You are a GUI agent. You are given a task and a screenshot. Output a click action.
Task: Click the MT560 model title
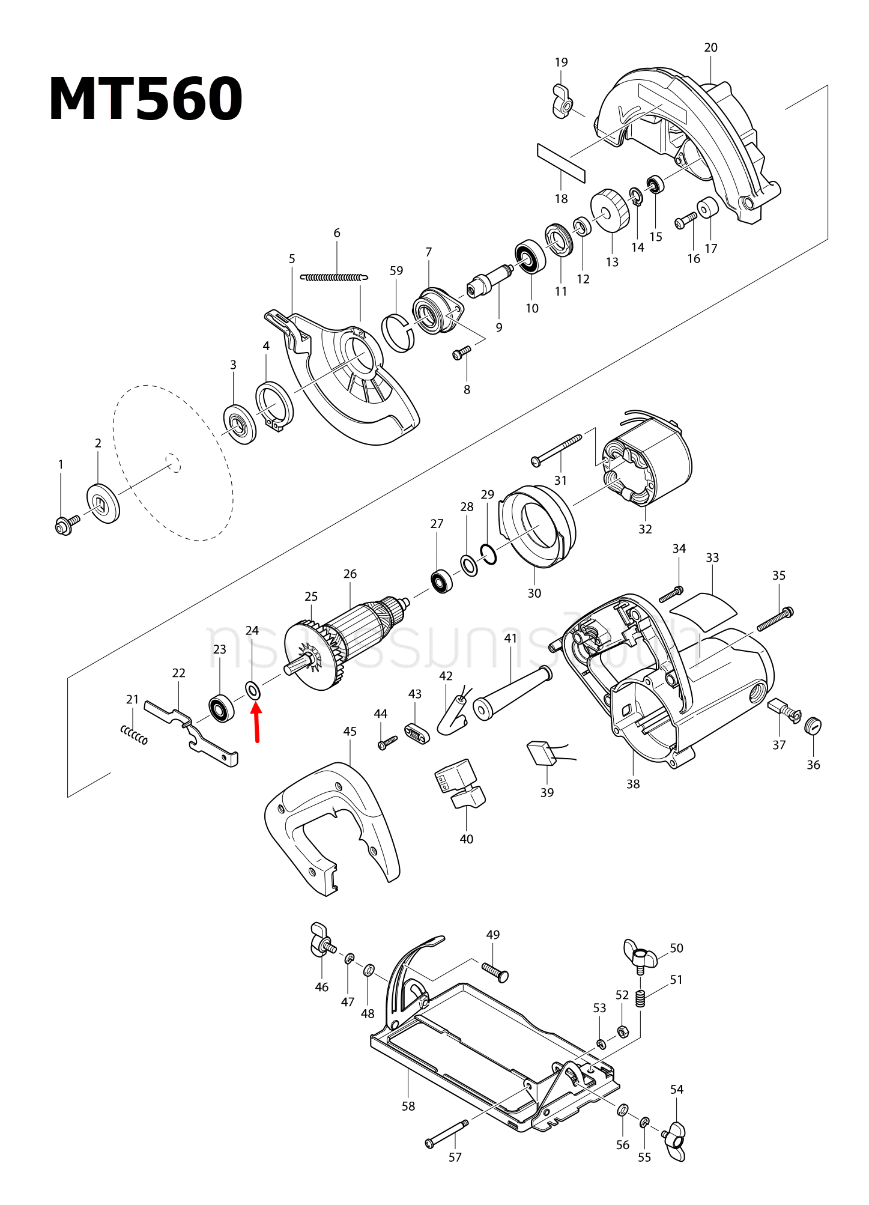click(145, 100)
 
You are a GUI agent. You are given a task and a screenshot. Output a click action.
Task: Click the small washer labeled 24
click(253, 691)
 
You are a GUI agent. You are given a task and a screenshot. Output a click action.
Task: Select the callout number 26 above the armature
click(350, 574)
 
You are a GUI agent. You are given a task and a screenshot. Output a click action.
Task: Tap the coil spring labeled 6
click(334, 278)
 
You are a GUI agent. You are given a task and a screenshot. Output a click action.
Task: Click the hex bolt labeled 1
click(65, 524)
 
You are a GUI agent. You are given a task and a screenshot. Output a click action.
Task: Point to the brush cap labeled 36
click(813, 726)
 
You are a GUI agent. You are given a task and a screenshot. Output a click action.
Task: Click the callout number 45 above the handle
click(350, 732)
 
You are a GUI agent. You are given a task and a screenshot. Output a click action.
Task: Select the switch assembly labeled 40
click(460, 783)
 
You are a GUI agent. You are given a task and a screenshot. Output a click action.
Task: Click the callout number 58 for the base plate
click(408, 1106)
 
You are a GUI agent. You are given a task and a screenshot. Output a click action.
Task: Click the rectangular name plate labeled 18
click(561, 163)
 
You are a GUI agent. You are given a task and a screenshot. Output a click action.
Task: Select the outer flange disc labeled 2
click(103, 503)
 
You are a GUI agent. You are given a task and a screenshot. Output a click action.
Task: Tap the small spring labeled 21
click(134, 734)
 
